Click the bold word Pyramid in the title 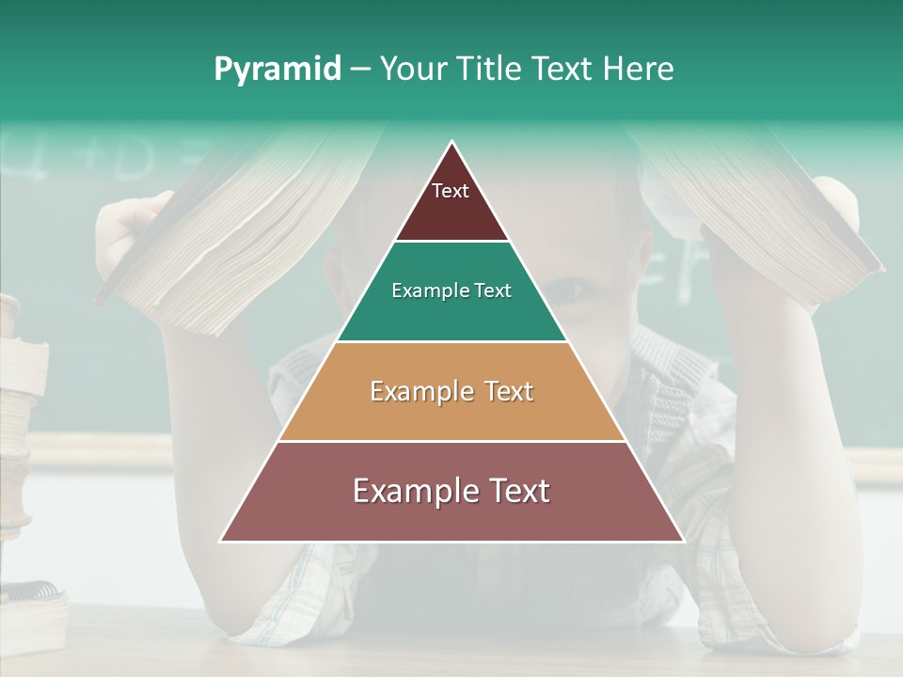pos(277,70)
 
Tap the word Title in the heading pos(490,69)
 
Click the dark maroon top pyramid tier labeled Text pos(451,202)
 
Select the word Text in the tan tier pos(510,391)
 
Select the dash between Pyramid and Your pos(359,70)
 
